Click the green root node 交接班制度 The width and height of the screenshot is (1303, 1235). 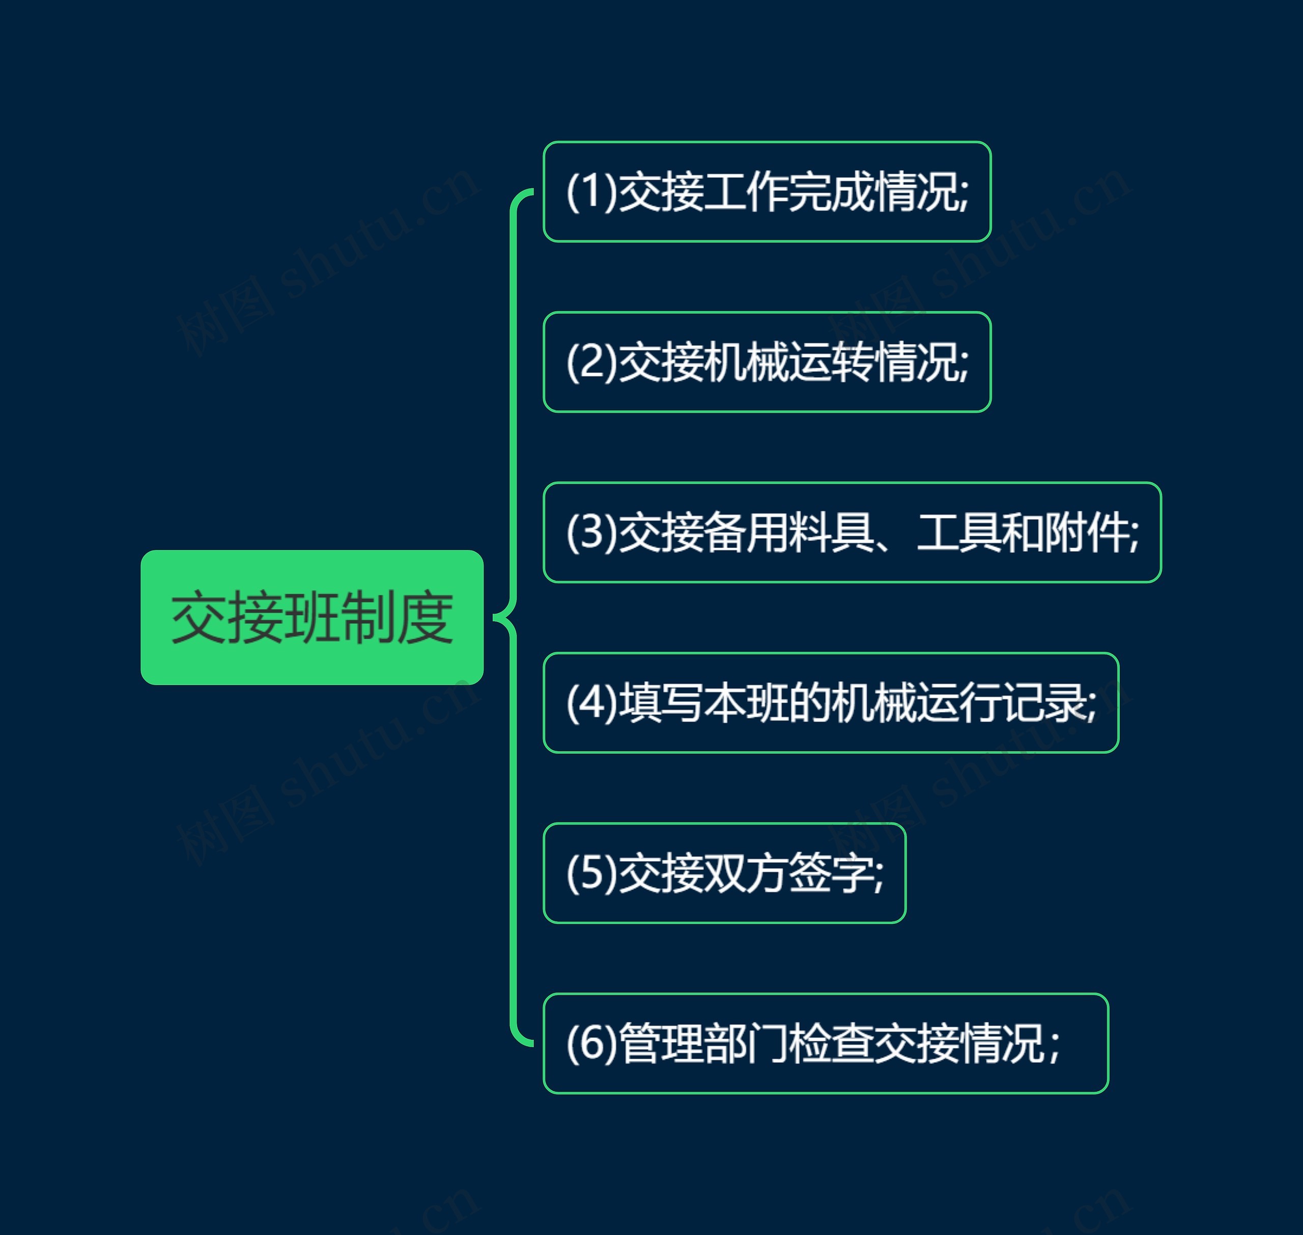(x=312, y=617)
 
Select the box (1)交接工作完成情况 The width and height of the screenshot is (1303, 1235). (x=767, y=191)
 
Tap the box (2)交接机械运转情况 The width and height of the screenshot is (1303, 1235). (x=767, y=362)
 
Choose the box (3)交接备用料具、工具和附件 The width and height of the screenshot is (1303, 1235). (x=852, y=533)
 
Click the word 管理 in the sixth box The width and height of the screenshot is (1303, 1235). (x=661, y=1044)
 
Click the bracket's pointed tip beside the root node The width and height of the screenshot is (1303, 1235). (x=495, y=617)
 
